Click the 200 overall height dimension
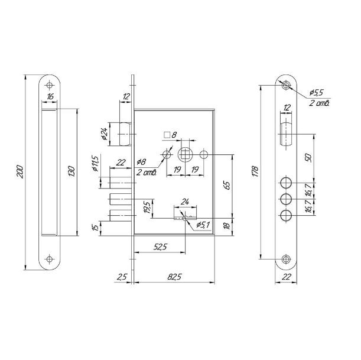[20, 171]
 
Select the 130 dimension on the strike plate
[71, 171]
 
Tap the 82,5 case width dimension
[174, 277]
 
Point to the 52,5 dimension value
[160, 247]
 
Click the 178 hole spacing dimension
[255, 171]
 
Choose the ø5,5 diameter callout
[316, 93]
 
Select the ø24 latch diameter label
[105, 134]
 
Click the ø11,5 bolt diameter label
[95, 164]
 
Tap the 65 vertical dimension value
[227, 186]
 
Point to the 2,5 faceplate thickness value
[122, 277]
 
